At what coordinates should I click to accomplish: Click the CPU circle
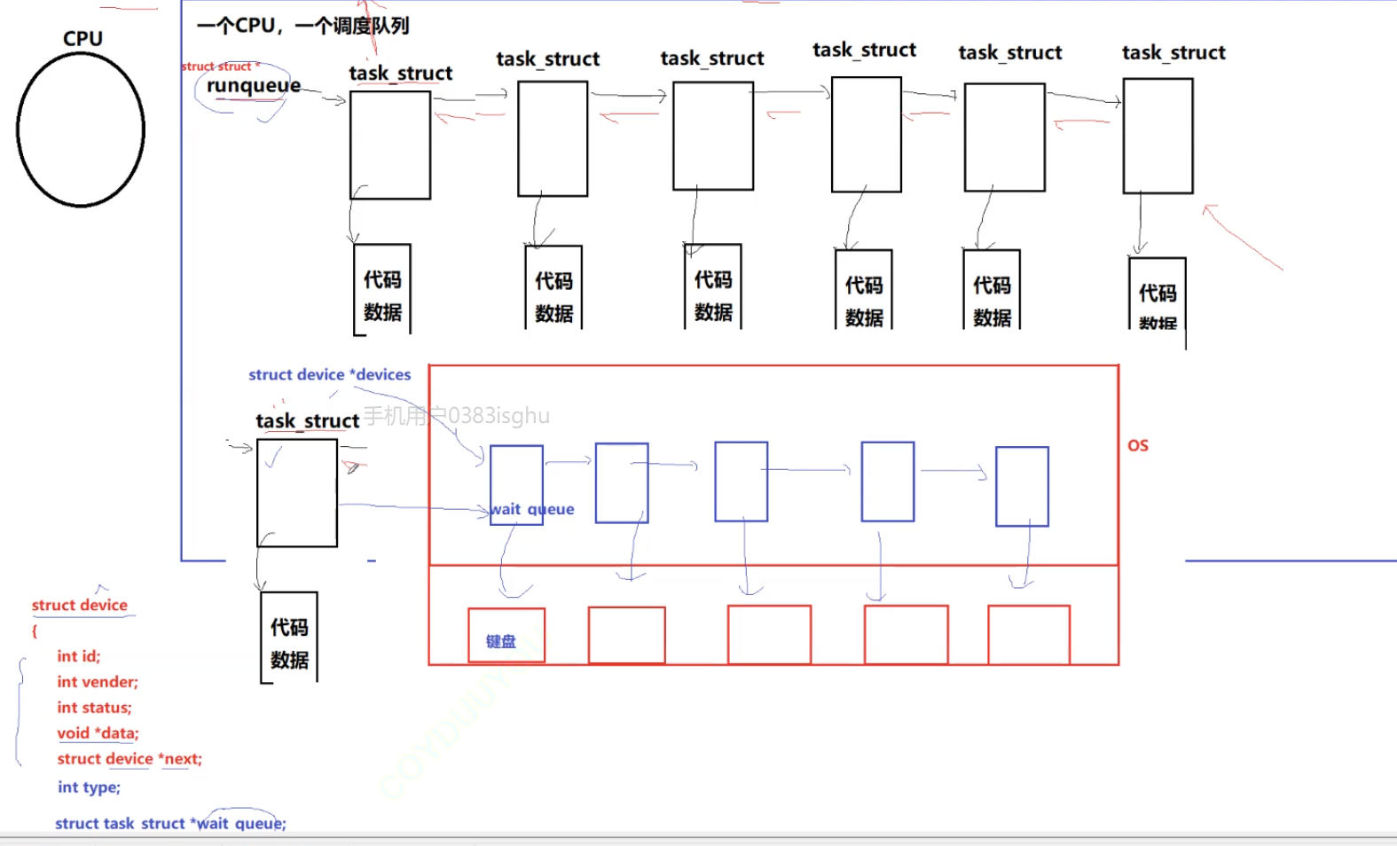[x=81, y=129]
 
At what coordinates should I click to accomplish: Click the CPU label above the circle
[x=82, y=38]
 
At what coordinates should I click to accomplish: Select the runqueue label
[x=254, y=85]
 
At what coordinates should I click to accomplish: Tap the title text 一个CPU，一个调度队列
[x=302, y=26]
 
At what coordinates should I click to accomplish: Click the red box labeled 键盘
[x=506, y=635]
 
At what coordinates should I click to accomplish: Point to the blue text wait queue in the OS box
[x=532, y=509]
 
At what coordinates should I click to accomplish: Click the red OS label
[x=1138, y=445]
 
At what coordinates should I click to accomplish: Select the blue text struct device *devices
[x=329, y=374]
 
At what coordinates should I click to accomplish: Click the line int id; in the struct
[x=79, y=656]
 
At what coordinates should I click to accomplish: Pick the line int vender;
[x=98, y=682]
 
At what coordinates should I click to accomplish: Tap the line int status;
[x=94, y=708]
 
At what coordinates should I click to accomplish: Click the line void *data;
[x=98, y=733]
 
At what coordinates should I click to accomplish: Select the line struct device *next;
[x=129, y=759]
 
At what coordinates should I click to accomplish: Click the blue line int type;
[x=89, y=787]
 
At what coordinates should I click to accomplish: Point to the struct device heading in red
[x=80, y=605]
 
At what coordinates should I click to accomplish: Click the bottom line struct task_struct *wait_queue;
[x=170, y=824]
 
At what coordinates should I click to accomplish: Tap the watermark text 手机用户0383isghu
[x=457, y=416]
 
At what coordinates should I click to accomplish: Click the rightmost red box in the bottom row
[x=1029, y=635]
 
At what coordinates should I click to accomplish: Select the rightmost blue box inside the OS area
[x=1022, y=487]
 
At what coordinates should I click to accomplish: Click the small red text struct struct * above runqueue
[x=221, y=67]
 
